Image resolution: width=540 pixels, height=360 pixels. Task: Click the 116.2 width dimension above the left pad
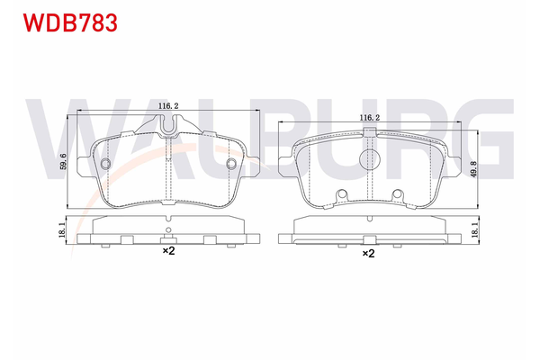168,106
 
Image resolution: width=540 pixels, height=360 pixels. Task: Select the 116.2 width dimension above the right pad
368,118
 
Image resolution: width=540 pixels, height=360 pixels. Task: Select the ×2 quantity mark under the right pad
368,255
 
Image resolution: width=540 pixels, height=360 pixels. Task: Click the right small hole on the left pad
231,164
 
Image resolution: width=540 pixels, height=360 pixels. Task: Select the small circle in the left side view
167,238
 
